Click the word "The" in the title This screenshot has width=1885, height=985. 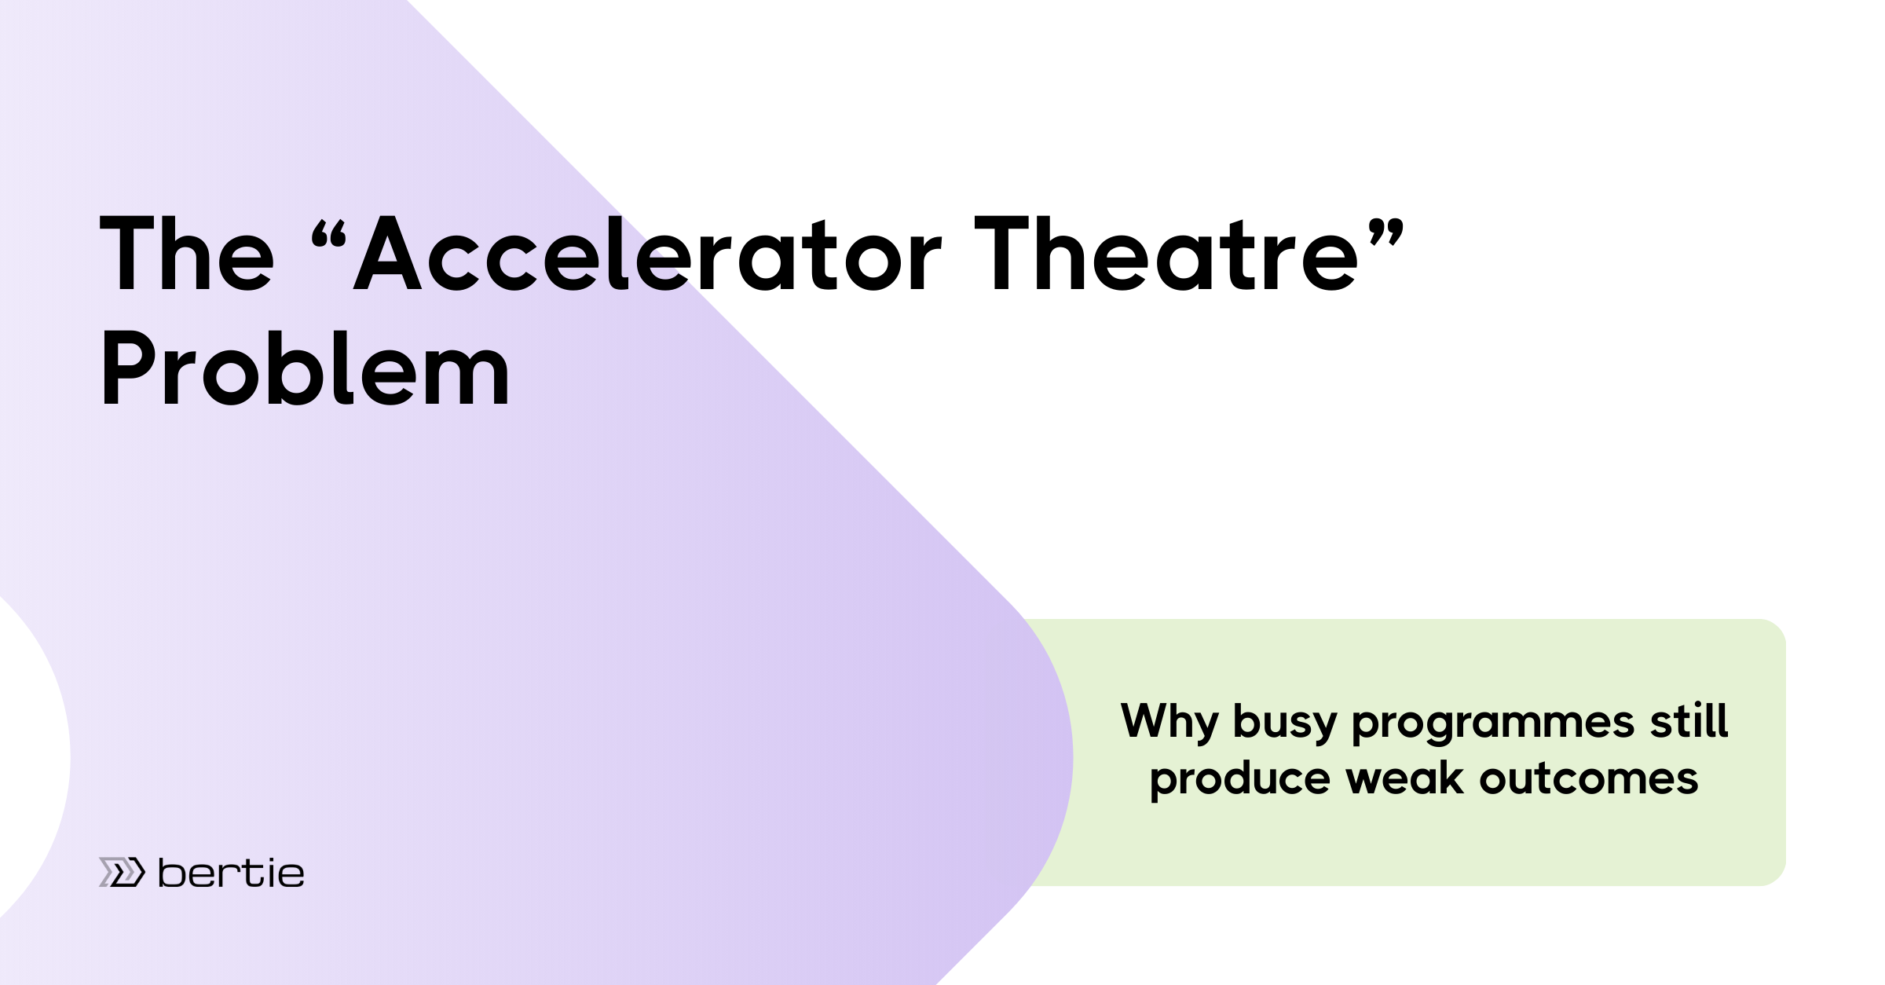(187, 253)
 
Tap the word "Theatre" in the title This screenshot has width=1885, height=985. (1166, 253)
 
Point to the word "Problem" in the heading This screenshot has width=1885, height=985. (306, 368)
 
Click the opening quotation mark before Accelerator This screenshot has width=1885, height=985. (328, 234)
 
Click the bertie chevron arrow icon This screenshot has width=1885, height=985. (122, 872)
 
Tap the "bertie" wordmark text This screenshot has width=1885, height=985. (231, 872)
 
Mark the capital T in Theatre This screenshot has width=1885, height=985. (1001, 253)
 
